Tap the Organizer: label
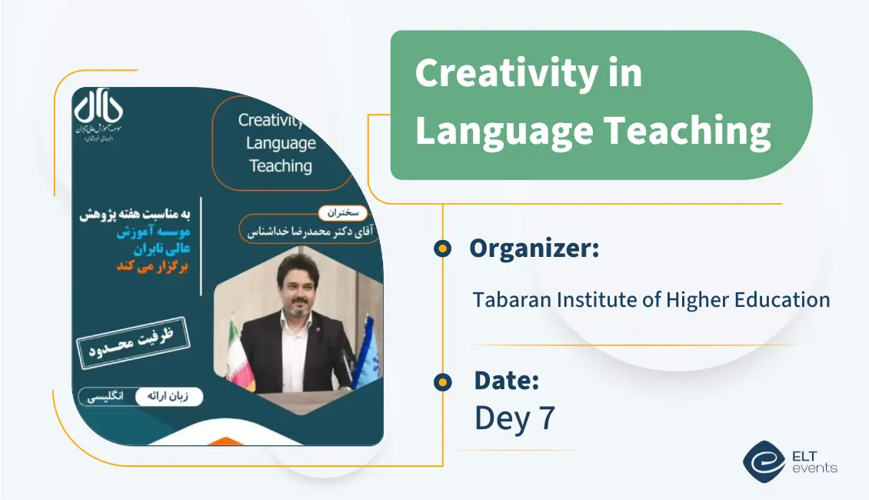pyautogui.click(x=534, y=248)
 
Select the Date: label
pyautogui.click(x=506, y=380)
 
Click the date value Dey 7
pyautogui.click(x=514, y=418)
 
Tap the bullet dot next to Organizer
pyautogui.click(x=442, y=248)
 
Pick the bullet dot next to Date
pyautogui.click(x=442, y=382)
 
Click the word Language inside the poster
pyautogui.click(x=281, y=143)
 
